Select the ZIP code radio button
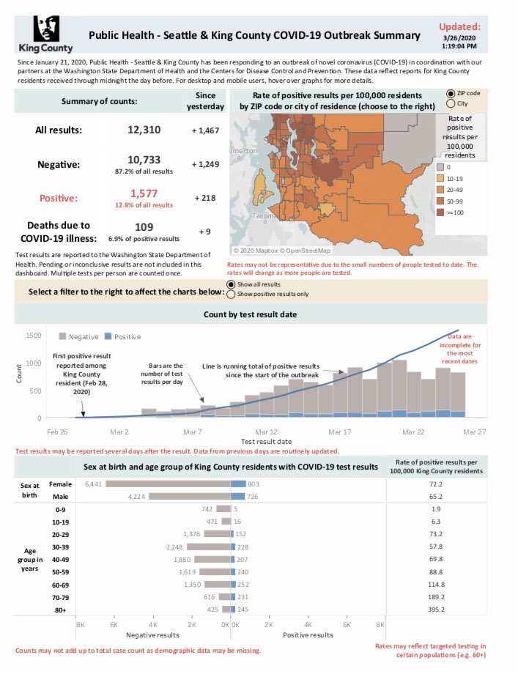tap(450, 95)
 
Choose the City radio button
tap(450, 104)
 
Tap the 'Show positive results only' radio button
tap(232, 295)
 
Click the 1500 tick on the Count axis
tap(34, 335)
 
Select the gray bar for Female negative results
tap(168, 484)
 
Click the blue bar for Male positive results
tap(237, 496)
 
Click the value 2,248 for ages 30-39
tap(173, 546)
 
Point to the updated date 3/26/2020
tap(461, 37)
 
